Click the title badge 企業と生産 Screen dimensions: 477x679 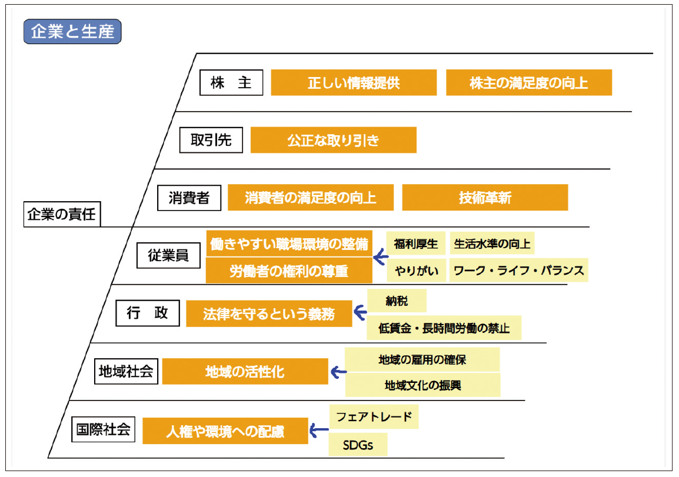pos(72,32)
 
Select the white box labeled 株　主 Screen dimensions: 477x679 pos(231,83)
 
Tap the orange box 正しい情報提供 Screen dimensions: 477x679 pos(354,83)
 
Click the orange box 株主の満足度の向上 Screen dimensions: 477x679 pos(528,83)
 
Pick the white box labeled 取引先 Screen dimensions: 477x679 pos(211,140)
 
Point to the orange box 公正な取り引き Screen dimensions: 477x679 pos(333,141)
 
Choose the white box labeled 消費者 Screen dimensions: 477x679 pos(189,198)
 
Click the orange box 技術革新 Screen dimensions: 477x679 pos(485,198)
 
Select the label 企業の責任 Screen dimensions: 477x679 pos(61,214)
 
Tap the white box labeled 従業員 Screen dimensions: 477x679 pos(168,256)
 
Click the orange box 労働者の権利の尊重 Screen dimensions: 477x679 pos(289,271)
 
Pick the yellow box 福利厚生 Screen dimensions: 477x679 pos(416,243)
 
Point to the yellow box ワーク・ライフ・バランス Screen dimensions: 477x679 pos(518,271)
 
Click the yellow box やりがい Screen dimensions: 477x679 pos(416,271)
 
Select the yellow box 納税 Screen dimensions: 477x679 pos(397,301)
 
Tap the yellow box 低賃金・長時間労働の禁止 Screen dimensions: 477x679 pos(444,328)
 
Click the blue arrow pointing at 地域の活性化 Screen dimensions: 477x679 pos(338,372)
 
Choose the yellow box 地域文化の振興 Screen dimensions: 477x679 pos(422,385)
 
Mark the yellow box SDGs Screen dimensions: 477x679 pos(358,445)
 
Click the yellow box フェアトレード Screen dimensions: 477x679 pos(374,417)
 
